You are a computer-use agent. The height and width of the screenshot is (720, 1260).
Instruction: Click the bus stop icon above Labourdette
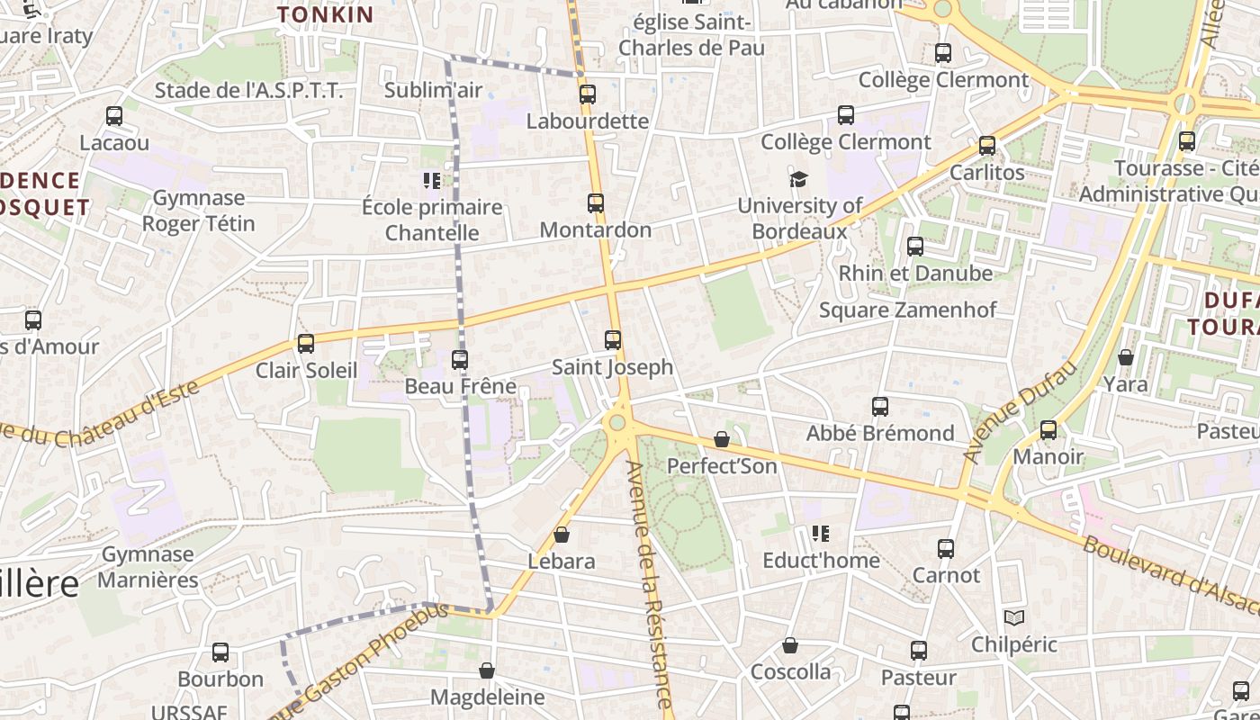(588, 94)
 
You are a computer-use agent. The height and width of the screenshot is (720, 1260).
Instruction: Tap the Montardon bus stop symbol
(596, 203)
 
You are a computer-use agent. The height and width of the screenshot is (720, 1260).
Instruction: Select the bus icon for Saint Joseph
(613, 340)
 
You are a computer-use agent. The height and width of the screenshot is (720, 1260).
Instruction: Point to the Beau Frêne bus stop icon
(460, 360)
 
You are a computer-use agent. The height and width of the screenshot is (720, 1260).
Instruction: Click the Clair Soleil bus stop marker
(306, 344)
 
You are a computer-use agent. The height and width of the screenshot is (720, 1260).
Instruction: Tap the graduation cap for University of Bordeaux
(798, 179)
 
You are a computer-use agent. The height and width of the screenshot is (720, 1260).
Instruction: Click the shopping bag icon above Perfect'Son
(722, 439)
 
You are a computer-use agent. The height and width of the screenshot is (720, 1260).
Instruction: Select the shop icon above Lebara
(562, 535)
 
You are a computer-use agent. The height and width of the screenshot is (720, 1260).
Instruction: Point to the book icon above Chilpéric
(1014, 618)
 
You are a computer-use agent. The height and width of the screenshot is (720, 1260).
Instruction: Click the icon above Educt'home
(820, 534)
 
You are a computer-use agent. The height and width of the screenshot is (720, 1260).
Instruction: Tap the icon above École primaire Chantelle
(432, 181)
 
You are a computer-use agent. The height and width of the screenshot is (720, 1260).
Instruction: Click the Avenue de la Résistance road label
(649, 585)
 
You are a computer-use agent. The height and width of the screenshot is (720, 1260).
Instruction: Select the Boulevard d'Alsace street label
(1170, 576)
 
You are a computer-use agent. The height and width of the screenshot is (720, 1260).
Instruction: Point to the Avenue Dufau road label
(1020, 413)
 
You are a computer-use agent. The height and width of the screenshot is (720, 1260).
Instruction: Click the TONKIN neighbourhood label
(325, 14)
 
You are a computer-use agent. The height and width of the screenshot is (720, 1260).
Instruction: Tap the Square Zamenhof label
(907, 310)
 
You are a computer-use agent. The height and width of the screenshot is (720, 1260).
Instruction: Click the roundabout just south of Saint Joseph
(617, 422)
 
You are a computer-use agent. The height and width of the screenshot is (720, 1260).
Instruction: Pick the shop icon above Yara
(1125, 358)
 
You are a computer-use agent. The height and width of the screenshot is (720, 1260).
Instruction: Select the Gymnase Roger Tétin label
(199, 211)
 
